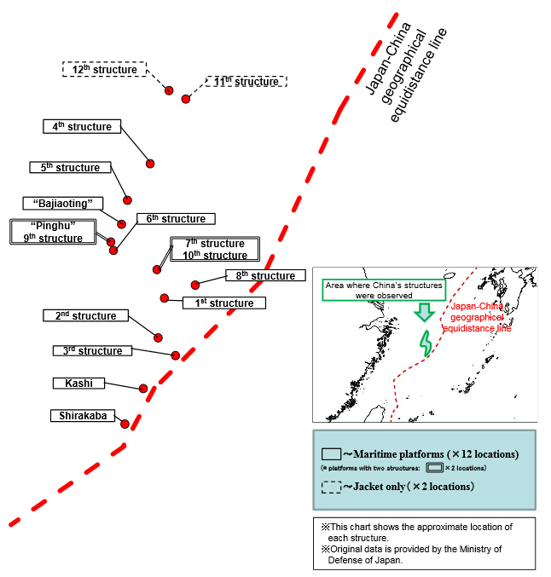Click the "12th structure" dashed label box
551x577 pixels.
point(104,69)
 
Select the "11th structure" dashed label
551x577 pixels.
point(246,82)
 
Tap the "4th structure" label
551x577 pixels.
point(82,126)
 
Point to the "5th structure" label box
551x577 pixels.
point(70,168)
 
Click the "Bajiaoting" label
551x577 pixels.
point(63,203)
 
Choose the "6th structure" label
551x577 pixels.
point(176,219)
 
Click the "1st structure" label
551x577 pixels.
point(224,303)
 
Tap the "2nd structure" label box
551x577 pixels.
point(85,316)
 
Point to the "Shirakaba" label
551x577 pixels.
point(84,416)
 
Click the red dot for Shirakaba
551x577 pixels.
point(125,424)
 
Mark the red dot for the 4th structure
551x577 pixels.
point(150,163)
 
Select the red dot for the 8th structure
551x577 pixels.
point(195,285)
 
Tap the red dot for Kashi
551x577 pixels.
point(143,389)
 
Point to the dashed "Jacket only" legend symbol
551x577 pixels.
point(331,487)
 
